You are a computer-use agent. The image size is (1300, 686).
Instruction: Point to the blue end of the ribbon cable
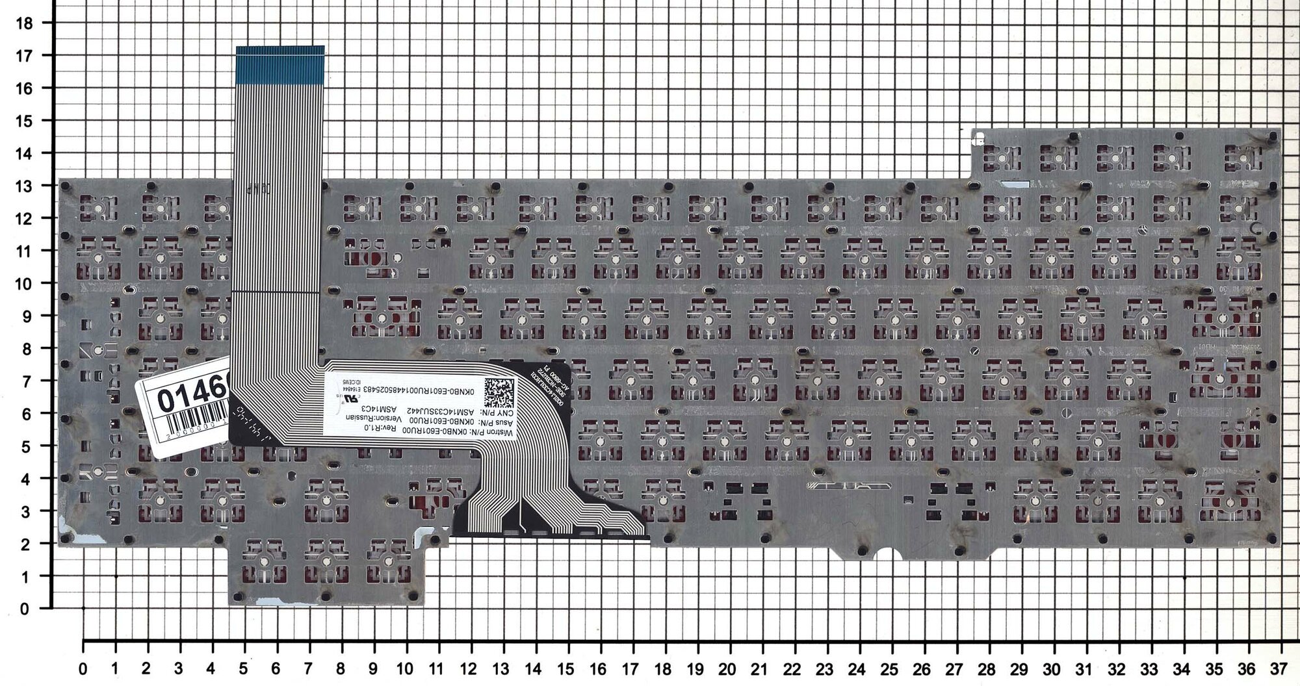[x=279, y=65]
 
